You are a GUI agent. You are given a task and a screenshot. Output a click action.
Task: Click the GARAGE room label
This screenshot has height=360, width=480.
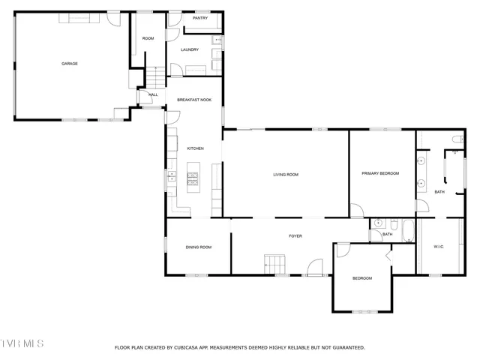[x=70, y=64]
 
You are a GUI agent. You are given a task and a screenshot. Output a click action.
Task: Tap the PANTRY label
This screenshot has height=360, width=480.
[x=199, y=18]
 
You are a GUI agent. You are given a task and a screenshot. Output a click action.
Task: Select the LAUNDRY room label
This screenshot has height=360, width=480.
[x=190, y=50]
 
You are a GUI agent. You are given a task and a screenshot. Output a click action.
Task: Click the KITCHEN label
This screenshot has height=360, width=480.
[x=195, y=148]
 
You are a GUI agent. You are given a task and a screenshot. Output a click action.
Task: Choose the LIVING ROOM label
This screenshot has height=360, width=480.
[x=286, y=175]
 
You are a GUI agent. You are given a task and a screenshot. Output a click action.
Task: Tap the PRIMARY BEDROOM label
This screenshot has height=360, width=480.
[x=380, y=174]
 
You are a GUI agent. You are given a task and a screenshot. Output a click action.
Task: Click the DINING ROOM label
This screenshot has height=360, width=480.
[x=199, y=247]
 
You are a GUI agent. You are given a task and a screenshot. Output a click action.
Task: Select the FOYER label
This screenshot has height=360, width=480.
[x=295, y=236]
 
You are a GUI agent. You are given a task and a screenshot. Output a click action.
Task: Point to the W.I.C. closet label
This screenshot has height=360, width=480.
[x=439, y=247]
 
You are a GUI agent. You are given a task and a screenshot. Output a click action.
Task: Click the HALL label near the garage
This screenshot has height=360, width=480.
[x=153, y=95]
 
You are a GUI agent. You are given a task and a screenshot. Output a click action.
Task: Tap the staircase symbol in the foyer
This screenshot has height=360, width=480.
[x=274, y=264]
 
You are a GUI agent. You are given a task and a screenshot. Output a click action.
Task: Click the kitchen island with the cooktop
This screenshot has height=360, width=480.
[x=193, y=178]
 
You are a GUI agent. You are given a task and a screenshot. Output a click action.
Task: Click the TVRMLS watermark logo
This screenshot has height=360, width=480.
[x=22, y=343]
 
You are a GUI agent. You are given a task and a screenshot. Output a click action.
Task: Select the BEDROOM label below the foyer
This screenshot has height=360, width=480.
[x=362, y=278]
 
